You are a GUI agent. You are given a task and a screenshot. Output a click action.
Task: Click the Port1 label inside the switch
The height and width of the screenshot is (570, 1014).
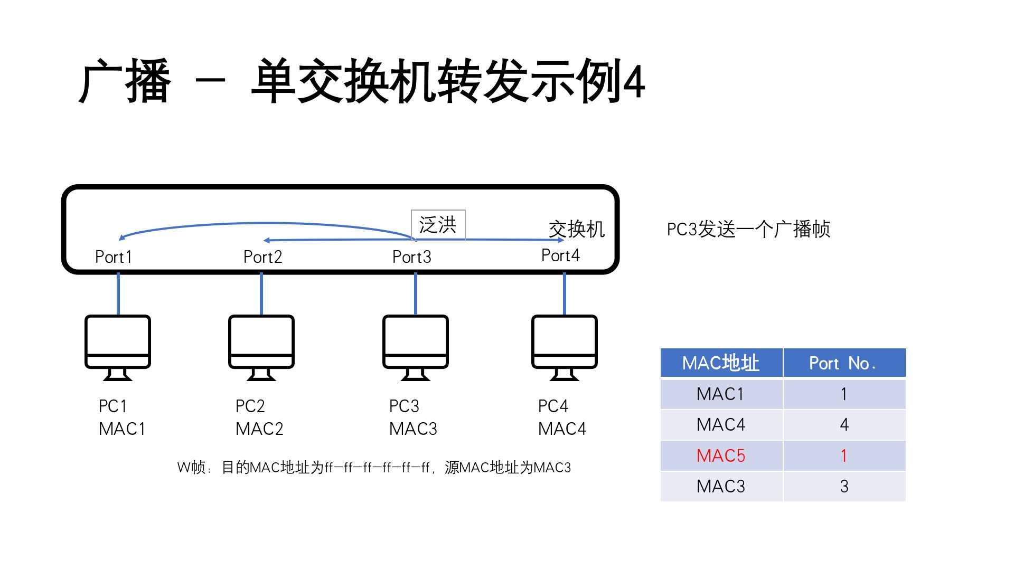113,257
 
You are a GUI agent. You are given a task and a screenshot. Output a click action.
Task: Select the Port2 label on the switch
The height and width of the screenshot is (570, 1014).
262,257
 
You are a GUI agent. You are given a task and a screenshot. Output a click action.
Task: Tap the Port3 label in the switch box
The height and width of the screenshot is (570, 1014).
411,257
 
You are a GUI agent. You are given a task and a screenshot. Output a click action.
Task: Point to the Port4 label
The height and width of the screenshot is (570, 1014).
560,255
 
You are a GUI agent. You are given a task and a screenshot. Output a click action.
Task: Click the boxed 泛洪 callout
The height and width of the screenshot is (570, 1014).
438,225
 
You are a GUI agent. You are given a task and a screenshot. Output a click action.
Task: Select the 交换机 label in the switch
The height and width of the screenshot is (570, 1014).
576,229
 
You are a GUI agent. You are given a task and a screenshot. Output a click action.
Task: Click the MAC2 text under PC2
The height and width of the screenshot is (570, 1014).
259,429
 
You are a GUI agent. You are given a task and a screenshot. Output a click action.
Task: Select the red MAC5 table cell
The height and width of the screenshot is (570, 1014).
721,455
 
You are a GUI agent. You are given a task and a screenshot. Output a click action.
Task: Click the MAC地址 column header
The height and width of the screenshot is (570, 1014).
721,363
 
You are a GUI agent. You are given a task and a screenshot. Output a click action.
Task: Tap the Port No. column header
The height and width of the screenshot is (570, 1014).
843,363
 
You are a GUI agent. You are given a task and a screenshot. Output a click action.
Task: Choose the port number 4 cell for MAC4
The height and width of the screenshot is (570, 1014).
844,425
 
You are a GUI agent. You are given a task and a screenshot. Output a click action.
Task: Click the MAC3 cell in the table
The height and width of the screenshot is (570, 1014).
721,486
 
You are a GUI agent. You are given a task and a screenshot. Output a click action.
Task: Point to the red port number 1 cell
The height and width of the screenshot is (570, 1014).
844,455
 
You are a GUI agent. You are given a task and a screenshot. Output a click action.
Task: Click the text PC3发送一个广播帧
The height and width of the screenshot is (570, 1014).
748,229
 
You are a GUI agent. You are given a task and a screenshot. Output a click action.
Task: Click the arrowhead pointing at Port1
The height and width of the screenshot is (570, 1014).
122,237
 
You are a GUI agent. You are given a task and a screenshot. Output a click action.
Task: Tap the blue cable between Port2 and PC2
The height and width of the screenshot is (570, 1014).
261,293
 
